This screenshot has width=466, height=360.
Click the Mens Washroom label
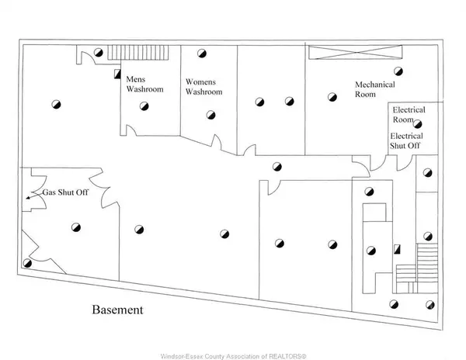pyautogui.click(x=142, y=83)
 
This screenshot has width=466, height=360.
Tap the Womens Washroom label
pyautogui.click(x=203, y=86)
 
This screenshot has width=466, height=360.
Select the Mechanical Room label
pyautogui.click(x=375, y=89)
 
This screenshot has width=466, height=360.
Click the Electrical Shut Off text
pyautogui.click(x=406, y=140)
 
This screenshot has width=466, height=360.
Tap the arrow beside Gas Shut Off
pyautogui.click(x=30, y=198)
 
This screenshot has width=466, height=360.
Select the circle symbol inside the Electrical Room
pyautogui.click(x=418, y=124)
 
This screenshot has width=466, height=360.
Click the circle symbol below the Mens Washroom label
pyautogui.click(x=141, y=109)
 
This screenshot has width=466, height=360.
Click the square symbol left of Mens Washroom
pyautogui.click(x=117, y=74)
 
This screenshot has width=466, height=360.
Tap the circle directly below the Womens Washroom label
pyautogui.click(x=210, y=115)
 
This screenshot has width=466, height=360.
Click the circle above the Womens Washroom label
pyautogui.click(x=201, y=54)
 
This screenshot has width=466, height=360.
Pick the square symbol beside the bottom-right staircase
pyautogui.click(x=397, y=251)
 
